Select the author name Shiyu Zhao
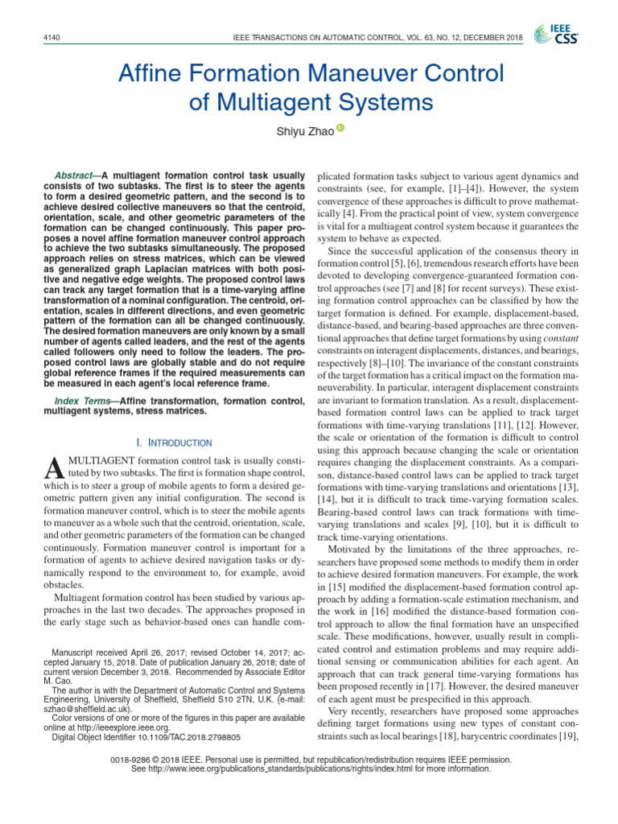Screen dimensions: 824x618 (304, 132)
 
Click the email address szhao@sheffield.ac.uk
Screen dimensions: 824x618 (84, 710)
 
